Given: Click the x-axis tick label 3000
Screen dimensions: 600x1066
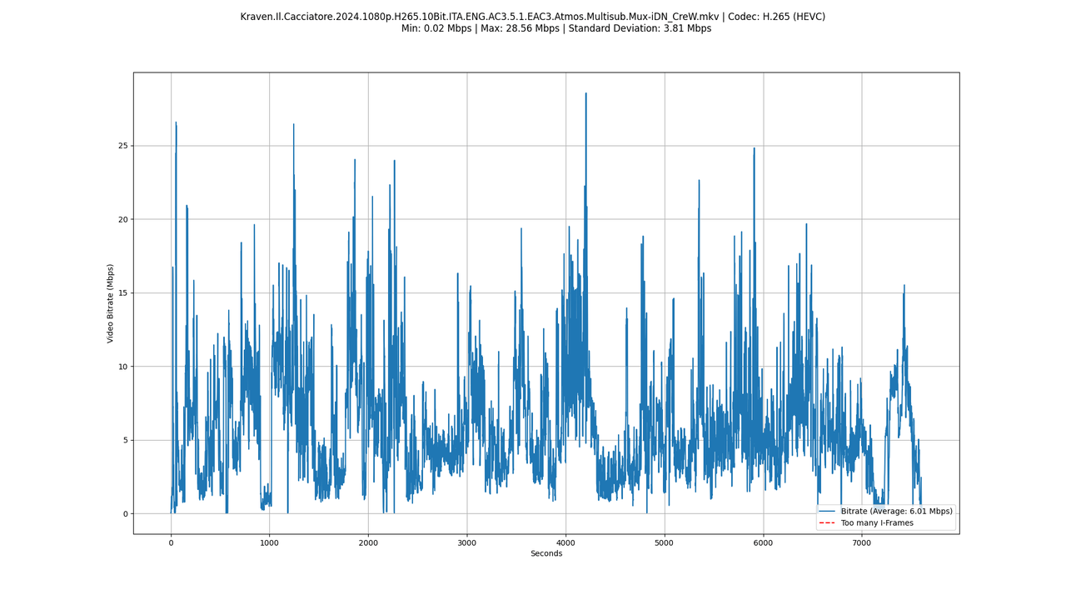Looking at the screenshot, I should coord(466,543).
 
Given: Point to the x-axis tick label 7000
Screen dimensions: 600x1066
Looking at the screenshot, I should coord(861,543).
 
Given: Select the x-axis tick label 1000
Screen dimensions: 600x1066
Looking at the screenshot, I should coord(269,543).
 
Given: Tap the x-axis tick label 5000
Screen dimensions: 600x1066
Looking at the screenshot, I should coord(664,543).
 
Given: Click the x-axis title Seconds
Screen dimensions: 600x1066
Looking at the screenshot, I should coord(546,554).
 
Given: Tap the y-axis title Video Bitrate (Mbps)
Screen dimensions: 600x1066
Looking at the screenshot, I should coord(111,303).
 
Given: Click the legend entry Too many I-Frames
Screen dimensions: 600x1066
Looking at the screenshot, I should coord(877,523).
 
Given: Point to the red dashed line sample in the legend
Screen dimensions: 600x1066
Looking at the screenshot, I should coord(827,523).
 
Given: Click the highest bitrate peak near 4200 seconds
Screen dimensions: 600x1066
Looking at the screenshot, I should coord(585,93).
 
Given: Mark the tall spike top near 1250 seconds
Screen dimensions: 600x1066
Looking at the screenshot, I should coord(293,124).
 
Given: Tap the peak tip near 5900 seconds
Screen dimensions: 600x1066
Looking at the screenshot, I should coord(754,148).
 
